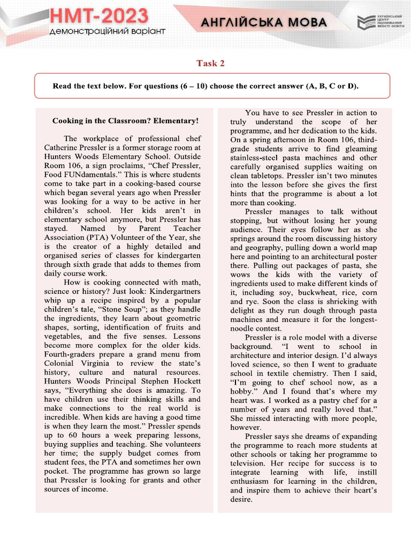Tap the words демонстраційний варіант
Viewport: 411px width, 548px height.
click(107, 32)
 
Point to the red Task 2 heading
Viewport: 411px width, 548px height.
click(210, 63)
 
